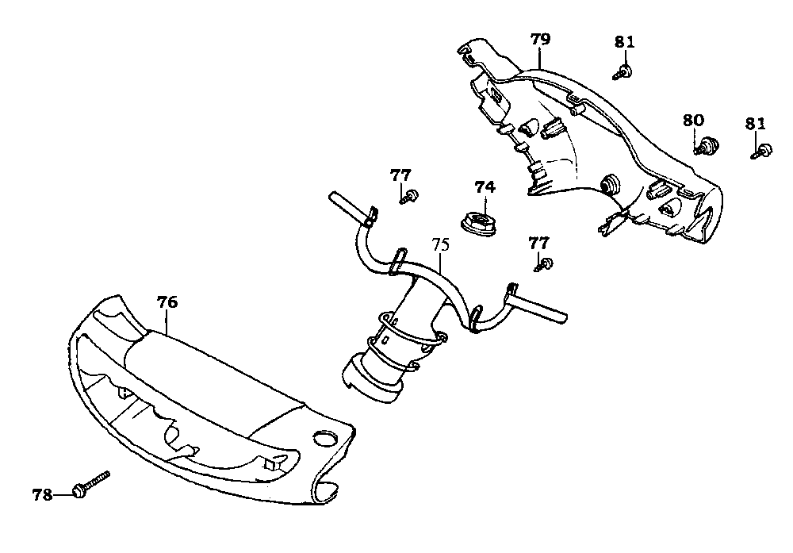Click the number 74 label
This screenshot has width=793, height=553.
tap(485, 187)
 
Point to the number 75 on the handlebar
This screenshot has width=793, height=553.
tap(441, 244)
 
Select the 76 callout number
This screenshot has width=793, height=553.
tap(167, 302)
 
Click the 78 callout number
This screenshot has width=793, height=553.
tap(42, 495)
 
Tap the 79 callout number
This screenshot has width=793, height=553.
tap(541, 38)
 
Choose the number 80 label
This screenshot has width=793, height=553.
tap(693, 120)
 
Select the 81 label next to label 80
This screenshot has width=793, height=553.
tap(755, 123)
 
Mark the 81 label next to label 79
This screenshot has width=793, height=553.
tap(625, 41)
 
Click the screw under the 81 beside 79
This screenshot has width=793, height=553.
tap(623, 73)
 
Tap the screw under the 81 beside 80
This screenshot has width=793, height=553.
tap(763, 150)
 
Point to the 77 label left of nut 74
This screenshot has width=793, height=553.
tap(400, 175)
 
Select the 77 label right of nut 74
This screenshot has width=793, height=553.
tap(538, 242)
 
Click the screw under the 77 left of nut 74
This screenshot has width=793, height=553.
tap(410, 196)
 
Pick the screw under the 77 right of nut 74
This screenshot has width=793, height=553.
tap(546, 264)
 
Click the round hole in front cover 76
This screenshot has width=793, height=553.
tap(326, 437)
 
